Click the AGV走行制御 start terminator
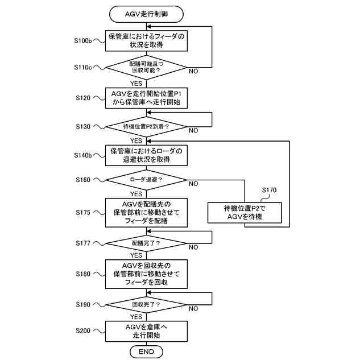coord(146,14)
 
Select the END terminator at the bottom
coord(146,351)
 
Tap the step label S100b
coord(83,40)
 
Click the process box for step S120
coord(146,98)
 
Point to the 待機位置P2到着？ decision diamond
coord(146,127)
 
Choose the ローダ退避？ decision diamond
coord(146,180)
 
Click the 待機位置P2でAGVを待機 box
coord(245,213)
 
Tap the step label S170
coord(269,190)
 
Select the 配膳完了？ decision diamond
coord(146,243)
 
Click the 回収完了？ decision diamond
coord(146,305)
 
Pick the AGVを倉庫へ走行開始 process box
coord(146,331)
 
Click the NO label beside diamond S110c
coord(193,71)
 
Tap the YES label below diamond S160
coord(136,194)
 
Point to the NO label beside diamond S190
coord(193,309)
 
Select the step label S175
coord(83,212)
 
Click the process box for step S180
coord(146,274)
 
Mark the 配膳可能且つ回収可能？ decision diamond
coord(146,67)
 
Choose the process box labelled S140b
coord(146,155)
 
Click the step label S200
coord(83,330)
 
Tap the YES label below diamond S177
coord(136,255)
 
